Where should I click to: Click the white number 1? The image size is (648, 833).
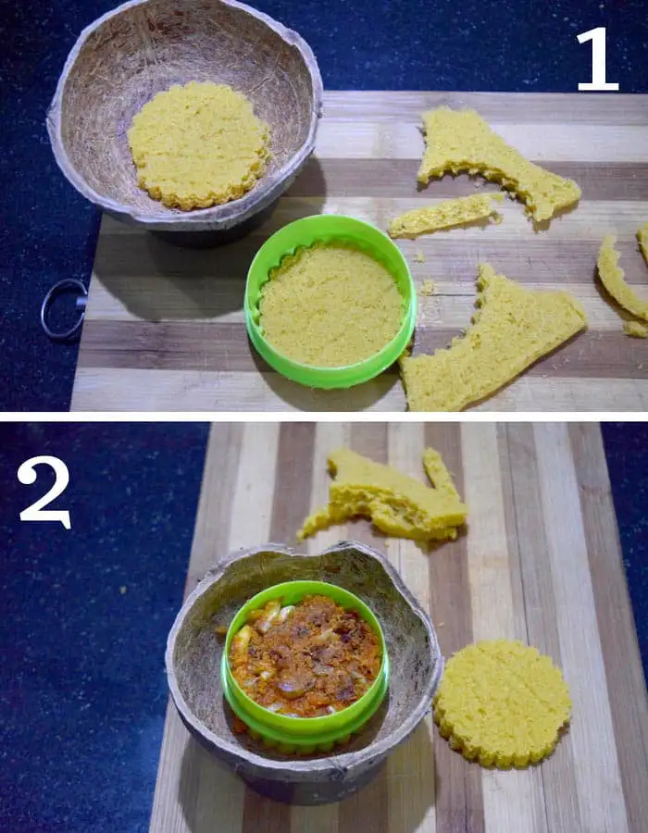(599, 59)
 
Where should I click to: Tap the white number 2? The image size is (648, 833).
(44, 492)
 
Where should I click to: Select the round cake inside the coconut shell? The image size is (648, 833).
(199, 145)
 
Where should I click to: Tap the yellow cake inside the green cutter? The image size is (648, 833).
(330, 305)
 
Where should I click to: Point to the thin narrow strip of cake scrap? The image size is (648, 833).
(445, 215)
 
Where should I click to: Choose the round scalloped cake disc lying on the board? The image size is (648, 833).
(503, 703)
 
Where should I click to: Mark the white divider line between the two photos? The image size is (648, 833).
(324, 416)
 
